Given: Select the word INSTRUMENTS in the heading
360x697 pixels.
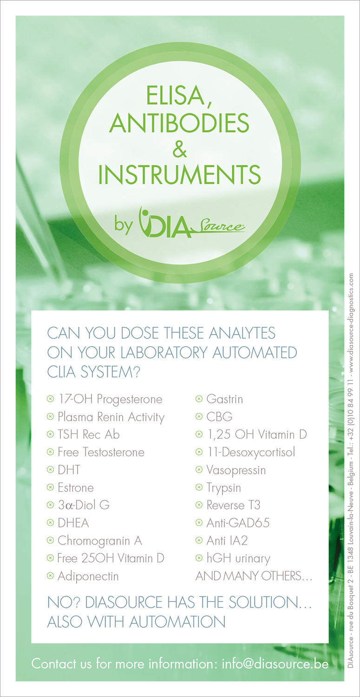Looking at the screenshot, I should [x=179, y=175].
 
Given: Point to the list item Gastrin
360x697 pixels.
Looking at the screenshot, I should [x=225, y=399].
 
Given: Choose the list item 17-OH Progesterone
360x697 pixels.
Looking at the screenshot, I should [x=110, y=399].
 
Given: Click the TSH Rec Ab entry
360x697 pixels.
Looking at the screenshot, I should [x=88, y=434].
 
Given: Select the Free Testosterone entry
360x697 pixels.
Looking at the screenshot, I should [x=101, y=452].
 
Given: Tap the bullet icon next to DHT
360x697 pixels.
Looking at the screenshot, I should [x=50, y=470].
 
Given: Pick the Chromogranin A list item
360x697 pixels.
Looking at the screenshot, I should [x=99, y=541].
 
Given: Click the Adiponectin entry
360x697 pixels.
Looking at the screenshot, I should [x=88, y=576].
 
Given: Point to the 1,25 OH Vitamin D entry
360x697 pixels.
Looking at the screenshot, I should [x=256, y=434].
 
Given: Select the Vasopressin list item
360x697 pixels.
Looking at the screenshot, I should [x=236, y=470].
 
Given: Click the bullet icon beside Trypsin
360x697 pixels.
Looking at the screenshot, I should [x=199, y=488].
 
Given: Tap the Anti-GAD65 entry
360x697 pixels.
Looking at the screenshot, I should [x=238, y=523].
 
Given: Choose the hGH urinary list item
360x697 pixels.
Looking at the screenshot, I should [x=238, y=559].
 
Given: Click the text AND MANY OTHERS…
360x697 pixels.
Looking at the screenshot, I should [x=254, y=576].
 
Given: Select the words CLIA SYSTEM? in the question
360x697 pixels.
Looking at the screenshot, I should [x=94, y=373].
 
